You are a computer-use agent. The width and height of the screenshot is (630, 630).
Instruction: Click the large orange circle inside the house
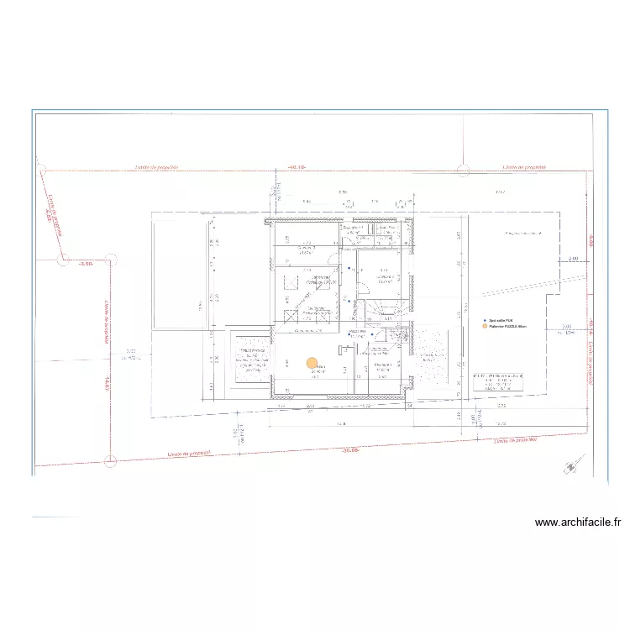[312, 364]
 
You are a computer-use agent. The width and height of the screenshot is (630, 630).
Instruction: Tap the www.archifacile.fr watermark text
[578, 522]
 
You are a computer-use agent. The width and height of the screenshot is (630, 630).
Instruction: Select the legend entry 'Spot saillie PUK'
[505, 320]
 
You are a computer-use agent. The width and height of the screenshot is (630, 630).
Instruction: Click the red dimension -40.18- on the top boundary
[295, 167]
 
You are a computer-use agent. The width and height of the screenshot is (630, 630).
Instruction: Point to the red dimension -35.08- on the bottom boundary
[350, 450]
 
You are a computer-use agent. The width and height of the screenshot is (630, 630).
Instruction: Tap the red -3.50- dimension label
[85, 264]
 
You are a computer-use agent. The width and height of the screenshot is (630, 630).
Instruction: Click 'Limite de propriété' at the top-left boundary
[157, 167]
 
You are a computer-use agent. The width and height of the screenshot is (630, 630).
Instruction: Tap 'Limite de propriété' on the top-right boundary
[525, 167]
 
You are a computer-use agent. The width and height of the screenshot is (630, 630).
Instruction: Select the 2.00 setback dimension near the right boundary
[573, 260]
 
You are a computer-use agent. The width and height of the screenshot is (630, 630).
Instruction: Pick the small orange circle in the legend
[484, 327]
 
